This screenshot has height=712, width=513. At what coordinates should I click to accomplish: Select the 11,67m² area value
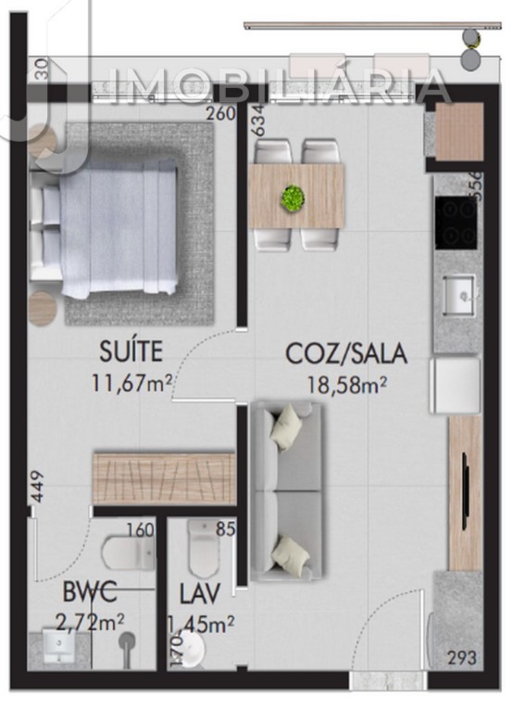tap(131, 382)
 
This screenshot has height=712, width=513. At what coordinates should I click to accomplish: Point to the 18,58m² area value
tap(348, 383)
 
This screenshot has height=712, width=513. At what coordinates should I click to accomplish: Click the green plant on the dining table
tap(294, 197)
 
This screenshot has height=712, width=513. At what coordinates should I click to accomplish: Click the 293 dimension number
tap(462, 659)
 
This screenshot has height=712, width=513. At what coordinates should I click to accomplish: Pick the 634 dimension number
tap(258, 121)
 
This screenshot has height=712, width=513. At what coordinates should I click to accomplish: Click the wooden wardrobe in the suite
tap(163, 478)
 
